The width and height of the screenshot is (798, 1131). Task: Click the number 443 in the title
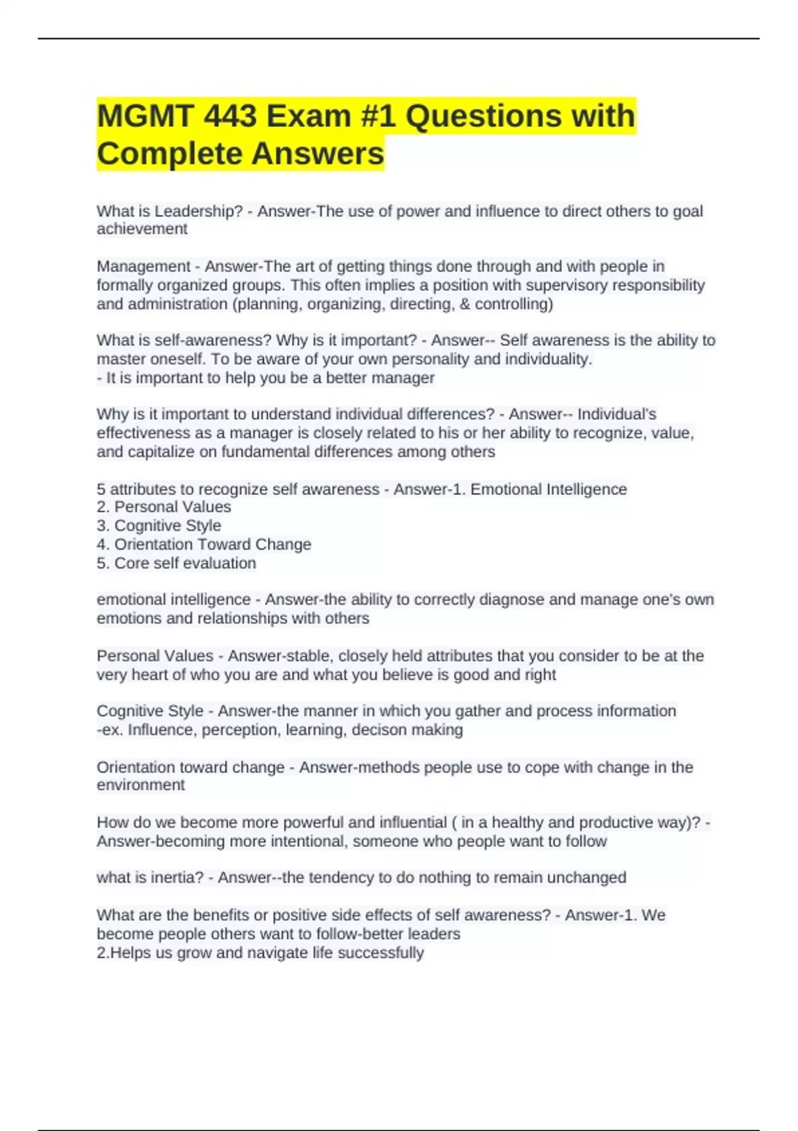(x=229, y=116)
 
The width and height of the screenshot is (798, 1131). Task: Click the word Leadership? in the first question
(x=199, y=211)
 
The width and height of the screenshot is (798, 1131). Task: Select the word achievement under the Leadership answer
(x=142, y=229)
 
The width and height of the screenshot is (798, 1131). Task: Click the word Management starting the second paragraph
(x=144, y=266)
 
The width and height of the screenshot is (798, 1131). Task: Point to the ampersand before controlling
(x=464, y=304)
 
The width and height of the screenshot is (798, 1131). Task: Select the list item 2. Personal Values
(x=164, y=507)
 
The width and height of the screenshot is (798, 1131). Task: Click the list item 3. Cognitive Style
(x=159, y=526)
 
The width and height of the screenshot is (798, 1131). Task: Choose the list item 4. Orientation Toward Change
(x=204, y=544)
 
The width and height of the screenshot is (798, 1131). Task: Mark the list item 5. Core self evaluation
(x=176, y=563)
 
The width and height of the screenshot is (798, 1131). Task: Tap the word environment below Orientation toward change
(x=140, y=785)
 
